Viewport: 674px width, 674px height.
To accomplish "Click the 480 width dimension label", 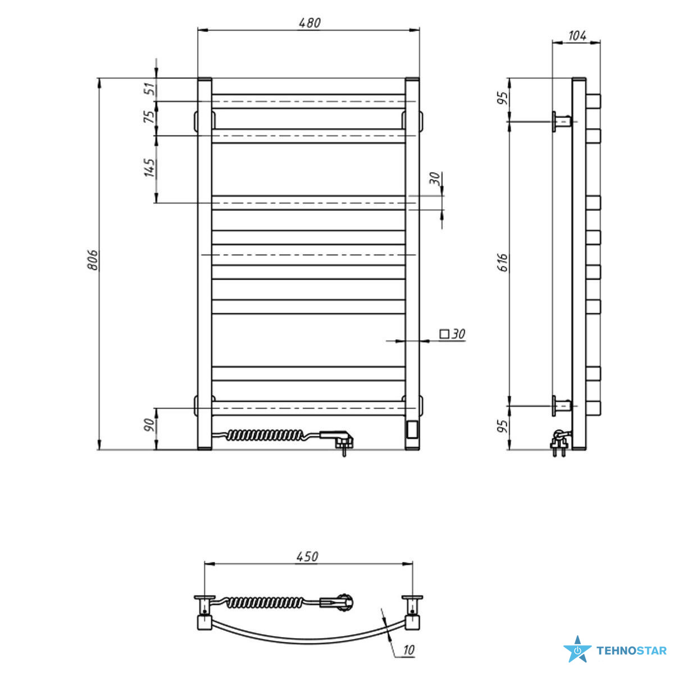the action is click(309, 22).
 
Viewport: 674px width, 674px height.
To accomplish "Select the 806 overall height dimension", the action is click(93, 260).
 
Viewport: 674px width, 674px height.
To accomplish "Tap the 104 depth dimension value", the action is click(577, 36).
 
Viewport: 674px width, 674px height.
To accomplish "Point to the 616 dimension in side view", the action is click(503, 262).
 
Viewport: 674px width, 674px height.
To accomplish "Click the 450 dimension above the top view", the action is click(307, 557).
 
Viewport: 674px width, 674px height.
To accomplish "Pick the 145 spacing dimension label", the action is click(149, 168).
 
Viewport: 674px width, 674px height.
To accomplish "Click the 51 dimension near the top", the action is click(149, 89).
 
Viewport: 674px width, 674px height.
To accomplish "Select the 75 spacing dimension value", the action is click(149, 116).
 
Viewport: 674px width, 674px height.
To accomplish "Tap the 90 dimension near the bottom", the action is click(149, 425).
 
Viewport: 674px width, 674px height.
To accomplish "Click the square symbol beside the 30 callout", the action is click(444, 334).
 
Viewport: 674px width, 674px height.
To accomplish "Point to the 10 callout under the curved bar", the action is click(408, 650).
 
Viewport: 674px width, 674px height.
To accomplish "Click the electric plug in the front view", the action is click(339, 442).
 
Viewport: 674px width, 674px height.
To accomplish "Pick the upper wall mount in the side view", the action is click(562, 122).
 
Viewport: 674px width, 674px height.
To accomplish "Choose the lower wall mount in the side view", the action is click(562, 406).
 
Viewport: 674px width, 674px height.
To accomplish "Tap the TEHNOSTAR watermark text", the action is click(632, 651).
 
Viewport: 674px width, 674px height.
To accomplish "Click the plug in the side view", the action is click(559, 444).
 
